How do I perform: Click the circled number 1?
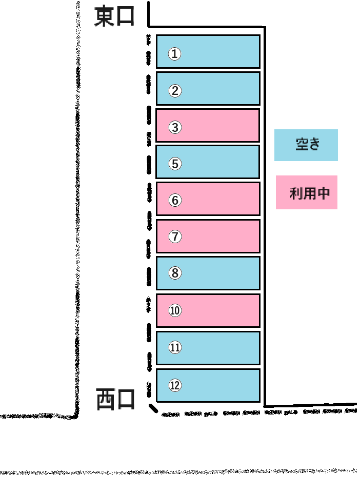pyautogui.click(x=174, y=54)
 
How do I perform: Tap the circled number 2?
pyautogui.click(x=175, y=91)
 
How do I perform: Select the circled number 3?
pyautogui.click(x=175, y=127)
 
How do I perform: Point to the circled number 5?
pyautogui.click(x=175, y=164)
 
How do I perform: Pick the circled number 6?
pyautogui.click(x=175, y=200)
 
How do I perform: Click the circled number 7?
pyautogui.click(x=175, y=236)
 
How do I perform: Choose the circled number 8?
pyautogui.click(x=175, y=273)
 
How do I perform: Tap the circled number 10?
pyautogui.click(x=175, y=311)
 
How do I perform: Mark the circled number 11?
pyautogui.click(x=175, y=347)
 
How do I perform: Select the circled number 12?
pyautogui.click(x=175, y=385)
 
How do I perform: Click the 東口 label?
pyautogui.click(x=114, y=16)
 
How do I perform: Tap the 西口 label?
pyautogui.click(x=115, y=399)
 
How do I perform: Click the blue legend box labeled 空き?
pyautogui.click(x=306, y=145)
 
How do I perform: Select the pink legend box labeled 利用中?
pyautogui.click(x=307, y=192)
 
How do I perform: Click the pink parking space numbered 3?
pyautogui.click(x=208, y=126)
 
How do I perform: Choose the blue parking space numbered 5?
pyautogui.click(x=208, y=162)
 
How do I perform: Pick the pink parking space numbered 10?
pyautogui.click(x=208, y=311)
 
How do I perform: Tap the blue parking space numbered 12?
pyautogui.click(x=208, y=385)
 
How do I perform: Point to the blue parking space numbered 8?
pyautogui.click(x=208, y=273)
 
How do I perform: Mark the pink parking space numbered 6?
pyautogui.click(x=208, y=199)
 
